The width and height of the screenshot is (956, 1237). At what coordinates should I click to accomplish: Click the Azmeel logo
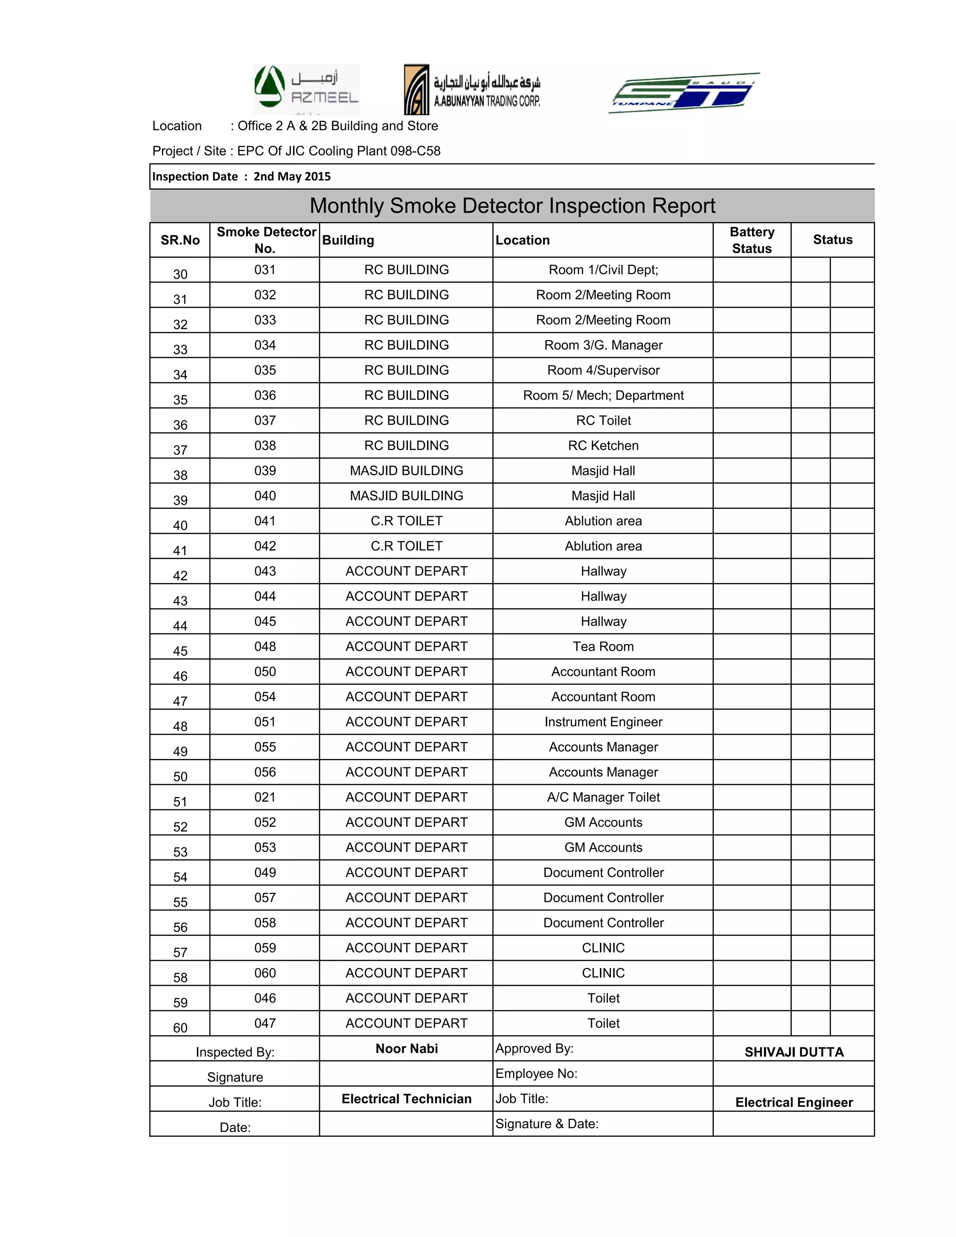pyautogui.click(x=306, y=88)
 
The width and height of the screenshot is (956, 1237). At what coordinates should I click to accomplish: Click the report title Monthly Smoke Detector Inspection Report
pyautogui.click(x=512, y=205)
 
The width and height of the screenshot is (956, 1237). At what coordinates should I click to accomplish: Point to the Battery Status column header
pyautogui.click(x=752, y=240)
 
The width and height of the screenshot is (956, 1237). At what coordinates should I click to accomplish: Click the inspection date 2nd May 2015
pyautogui.click(x=292, y=176)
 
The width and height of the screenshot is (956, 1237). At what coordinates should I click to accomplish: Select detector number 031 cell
pyautogui.click(x=265, y=270)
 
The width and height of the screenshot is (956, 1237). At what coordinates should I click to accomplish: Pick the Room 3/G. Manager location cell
pyautogui.click(x=603, y=345)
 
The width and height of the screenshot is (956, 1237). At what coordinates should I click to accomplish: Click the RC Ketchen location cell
pyautogui.click(x=603, y=446)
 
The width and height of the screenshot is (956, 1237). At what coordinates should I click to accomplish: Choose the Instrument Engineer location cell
pyautogui.click(x=603, y=722)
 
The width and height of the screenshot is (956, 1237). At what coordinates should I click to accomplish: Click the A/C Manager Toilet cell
pyautogui.click(x=603, y=797)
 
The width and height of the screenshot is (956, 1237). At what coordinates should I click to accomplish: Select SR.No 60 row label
pyautogui.click(x=180, y=1027)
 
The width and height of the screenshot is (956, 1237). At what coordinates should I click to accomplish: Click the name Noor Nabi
pyautogui.click(x=407, y=1048)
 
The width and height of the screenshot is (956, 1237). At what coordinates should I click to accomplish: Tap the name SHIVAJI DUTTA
pyautogui.click(x=794, y=1052)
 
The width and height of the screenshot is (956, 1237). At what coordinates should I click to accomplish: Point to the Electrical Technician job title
pyautogui.click(x=406, y=1099)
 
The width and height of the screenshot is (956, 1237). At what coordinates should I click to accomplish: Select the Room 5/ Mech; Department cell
pyautogui.click(x=603, y=395)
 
